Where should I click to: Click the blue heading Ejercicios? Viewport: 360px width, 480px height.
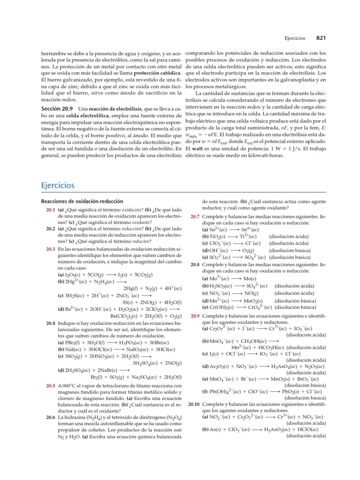(x=58, y=172)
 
